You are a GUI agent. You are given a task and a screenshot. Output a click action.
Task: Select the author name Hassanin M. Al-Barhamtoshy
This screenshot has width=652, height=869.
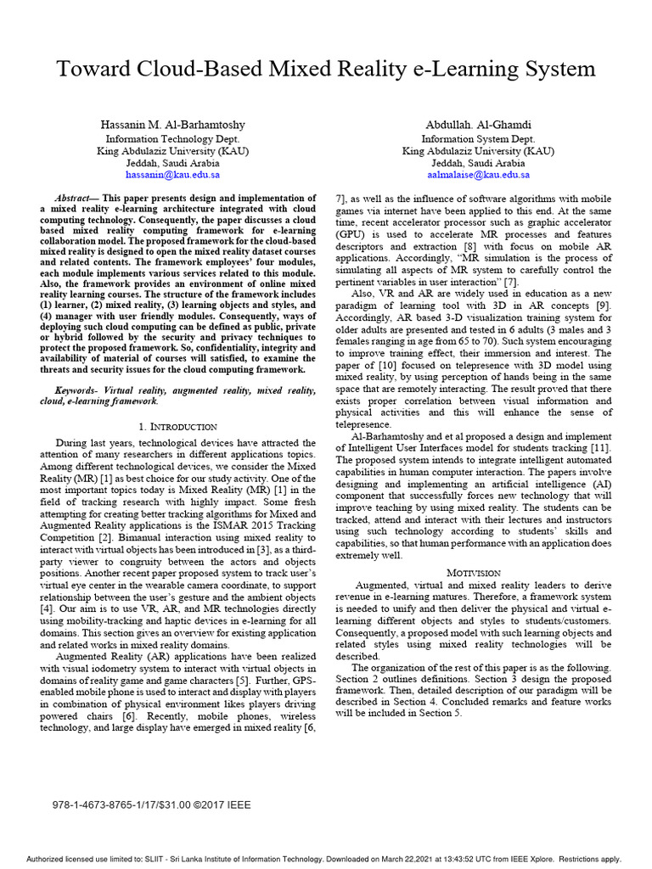[x=172, y=125]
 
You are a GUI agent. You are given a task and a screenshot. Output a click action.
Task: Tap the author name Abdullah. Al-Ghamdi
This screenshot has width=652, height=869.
[x=478, y=125]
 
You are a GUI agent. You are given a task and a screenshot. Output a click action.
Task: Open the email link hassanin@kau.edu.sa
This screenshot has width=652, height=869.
[x=172, y=175]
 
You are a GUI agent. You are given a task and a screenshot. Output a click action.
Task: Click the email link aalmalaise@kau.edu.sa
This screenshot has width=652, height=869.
[x=478, y=175]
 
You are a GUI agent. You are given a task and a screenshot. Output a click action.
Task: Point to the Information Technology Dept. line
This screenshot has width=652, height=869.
[x=172, y=138]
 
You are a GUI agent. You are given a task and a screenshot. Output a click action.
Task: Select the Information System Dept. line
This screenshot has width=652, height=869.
[x=478, y=138]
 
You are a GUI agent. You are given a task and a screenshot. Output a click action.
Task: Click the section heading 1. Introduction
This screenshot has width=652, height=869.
[x=177, y=426]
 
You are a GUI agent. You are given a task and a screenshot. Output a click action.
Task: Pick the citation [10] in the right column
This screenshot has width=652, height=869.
[x=385, y=366]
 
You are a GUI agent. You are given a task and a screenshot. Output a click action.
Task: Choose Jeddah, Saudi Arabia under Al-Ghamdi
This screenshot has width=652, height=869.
[x=478, y=163]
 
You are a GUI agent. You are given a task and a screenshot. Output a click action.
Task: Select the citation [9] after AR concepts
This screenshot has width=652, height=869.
[x=603, y=304]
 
